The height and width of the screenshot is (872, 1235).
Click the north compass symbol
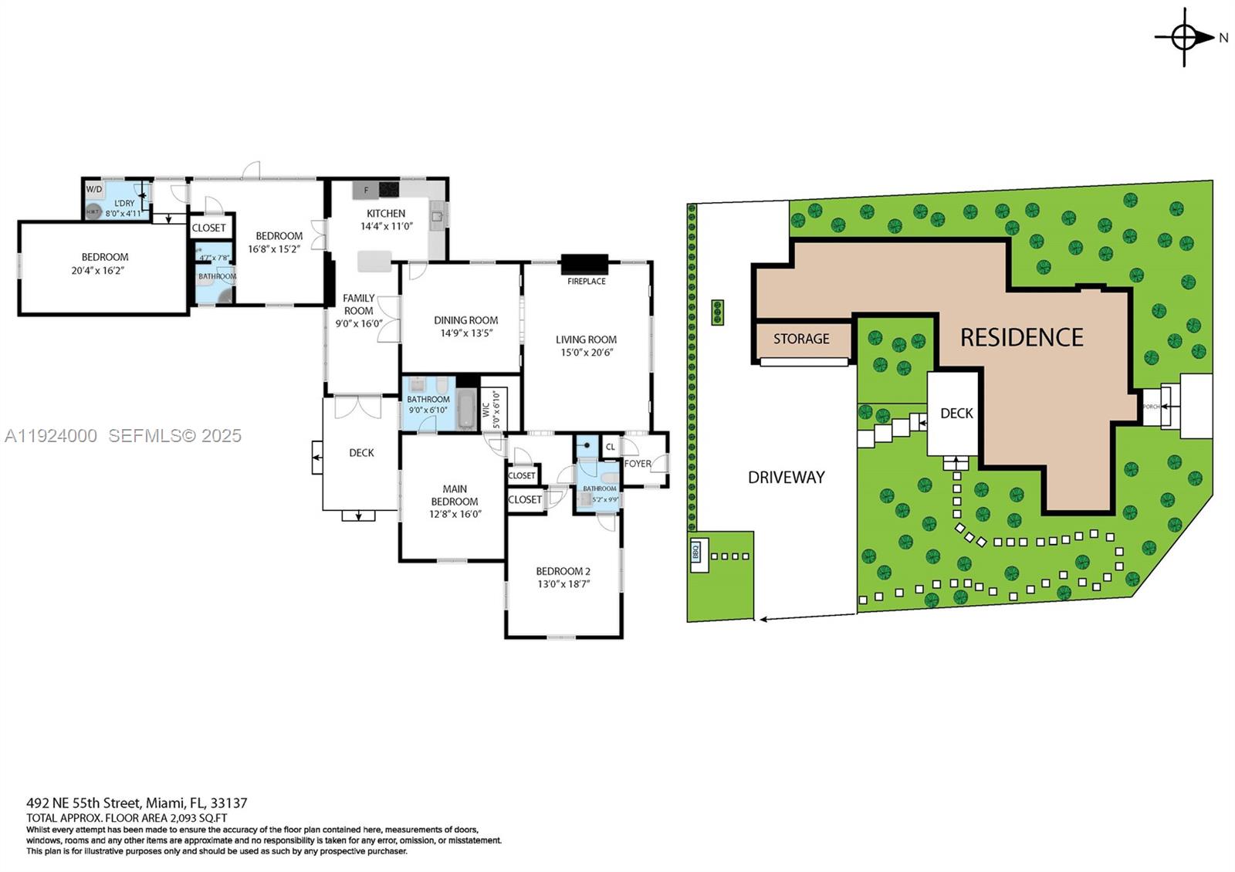(x=1185, y=36)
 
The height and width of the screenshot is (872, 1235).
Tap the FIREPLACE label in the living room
(x=587, y=282)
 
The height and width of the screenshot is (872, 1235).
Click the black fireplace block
(x=584, y=265)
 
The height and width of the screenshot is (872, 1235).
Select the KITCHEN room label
(x=386, y=214)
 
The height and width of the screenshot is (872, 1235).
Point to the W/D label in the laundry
(x=94, y=189)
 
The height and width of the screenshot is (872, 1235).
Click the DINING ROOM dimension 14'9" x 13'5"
(x=466, y=333)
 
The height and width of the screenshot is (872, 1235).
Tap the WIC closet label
(x=486, y=409)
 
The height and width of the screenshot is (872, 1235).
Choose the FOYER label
(x=638, y=464)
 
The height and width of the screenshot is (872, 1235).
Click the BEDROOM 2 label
(x=563, y=572)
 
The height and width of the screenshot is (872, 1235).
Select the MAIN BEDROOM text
(x=455, y=495)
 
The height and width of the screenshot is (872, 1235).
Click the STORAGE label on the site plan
(x=801, y=339)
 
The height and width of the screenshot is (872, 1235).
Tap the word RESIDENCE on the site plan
(x=1022, y=337)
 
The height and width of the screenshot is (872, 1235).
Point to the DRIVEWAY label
(x=787, y=478)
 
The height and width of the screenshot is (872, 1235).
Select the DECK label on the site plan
(x=956, y=414)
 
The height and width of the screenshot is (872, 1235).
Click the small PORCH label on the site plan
(x=1151, y=407)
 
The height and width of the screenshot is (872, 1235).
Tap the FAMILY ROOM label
(x=359, y=304)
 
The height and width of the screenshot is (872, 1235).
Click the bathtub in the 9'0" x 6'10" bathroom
(x=466, y=409)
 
